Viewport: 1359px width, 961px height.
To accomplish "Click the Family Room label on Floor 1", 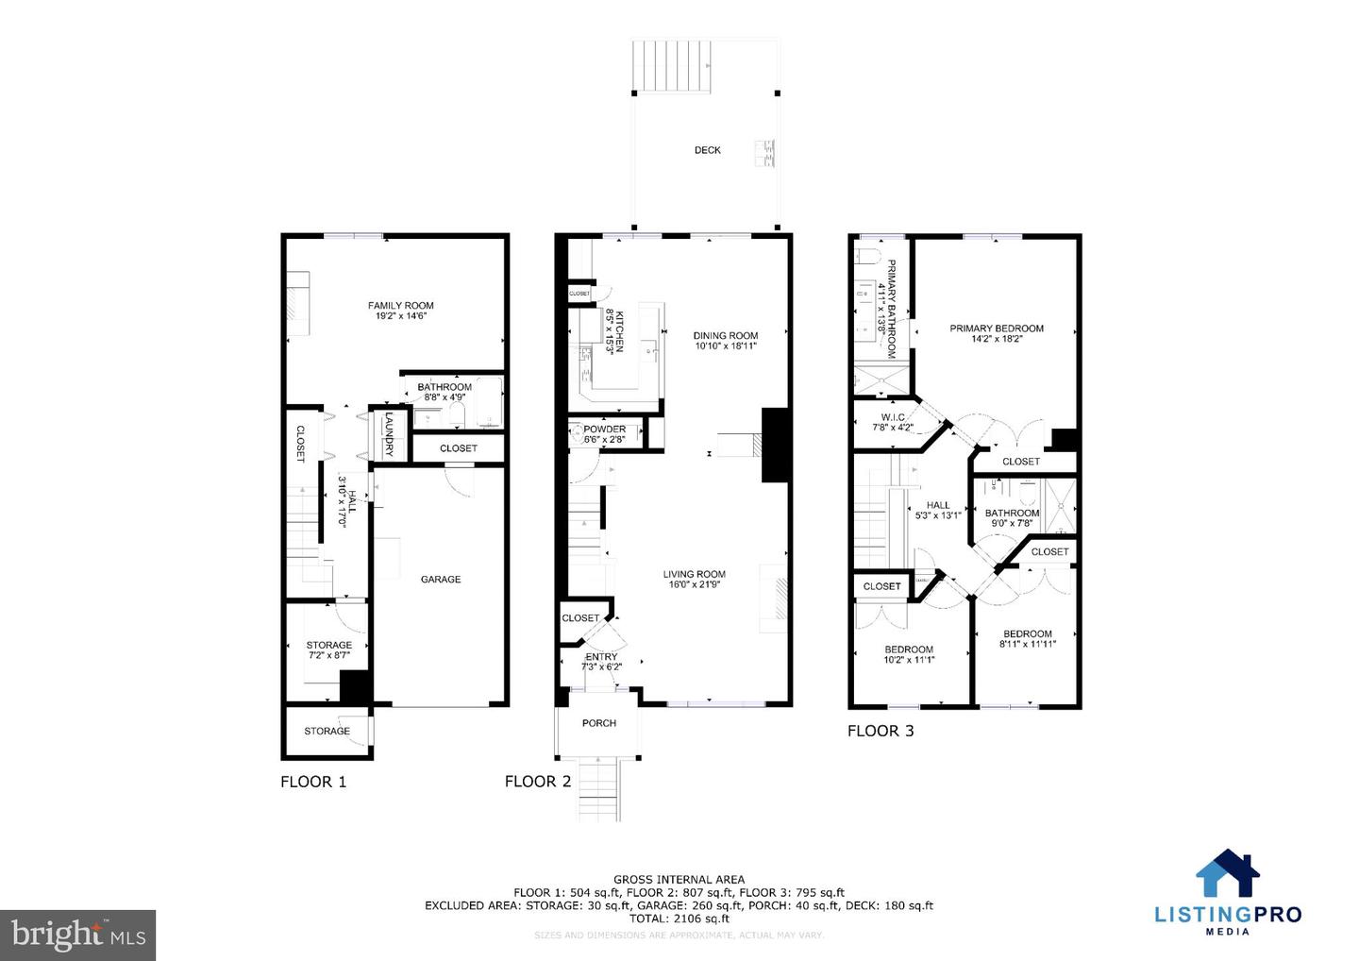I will pos(400,306).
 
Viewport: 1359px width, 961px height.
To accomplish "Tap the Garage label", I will pos(441,580).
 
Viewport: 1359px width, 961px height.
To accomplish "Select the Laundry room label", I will pos(388,434).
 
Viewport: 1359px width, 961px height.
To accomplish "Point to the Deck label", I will pos(707,150).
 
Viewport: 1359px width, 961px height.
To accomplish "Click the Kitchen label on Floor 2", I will pos(614,330).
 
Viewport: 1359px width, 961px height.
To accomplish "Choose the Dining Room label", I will pos(725,336).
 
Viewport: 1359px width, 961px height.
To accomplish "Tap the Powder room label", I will pos(604,430).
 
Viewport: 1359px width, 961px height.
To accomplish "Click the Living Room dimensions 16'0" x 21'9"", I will pos(694,584).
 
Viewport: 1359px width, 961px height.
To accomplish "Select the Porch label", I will pos(598,723).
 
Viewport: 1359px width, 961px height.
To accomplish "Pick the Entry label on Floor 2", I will pos(601,657).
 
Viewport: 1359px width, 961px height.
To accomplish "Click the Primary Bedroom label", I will pos(997,329).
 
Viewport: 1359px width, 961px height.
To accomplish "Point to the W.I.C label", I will pos(892,417).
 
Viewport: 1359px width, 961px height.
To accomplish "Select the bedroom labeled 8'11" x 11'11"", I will pos(1027,639).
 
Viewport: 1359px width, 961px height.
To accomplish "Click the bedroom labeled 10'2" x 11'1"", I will pos(908,654).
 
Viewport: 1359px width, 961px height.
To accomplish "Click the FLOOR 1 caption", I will pos(313,782).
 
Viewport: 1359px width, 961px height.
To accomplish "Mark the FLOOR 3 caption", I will pos(880,731).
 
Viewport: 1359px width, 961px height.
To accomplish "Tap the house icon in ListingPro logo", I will pos(1227,873).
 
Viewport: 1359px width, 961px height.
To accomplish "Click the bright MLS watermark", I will pos(78,936).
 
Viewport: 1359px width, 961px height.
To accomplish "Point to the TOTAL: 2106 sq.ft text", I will pos(679,919).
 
